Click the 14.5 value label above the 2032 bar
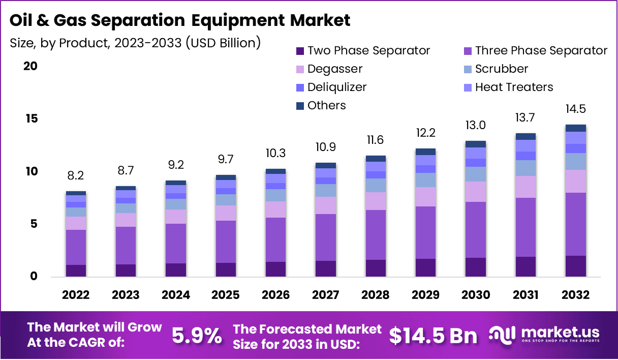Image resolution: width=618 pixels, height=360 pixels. coord(575,109)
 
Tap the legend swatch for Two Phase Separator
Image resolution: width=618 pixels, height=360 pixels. coord(300,51)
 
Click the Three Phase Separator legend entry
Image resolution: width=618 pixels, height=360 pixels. coord(541,51)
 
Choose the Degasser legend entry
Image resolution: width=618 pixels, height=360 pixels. coord(335,69)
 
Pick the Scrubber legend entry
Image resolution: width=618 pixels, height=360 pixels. coord(502,69)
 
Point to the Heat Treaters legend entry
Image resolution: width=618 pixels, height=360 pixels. coord(514,87)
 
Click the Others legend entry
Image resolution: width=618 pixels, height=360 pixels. coord(326,106)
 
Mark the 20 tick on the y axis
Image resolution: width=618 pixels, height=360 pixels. coord(31,67)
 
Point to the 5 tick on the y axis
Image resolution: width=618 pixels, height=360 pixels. coord(34,224)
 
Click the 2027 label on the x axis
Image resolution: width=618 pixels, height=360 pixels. coord(325,295)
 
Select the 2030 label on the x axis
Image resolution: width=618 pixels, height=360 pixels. coord(476,295)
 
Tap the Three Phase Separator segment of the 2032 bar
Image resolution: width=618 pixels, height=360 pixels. coord(576,224)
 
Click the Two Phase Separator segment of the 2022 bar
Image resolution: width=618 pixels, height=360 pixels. coord(76,271)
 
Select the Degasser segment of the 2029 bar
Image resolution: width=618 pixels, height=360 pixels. coord(425,197)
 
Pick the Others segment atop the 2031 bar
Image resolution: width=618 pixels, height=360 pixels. coord(526,136)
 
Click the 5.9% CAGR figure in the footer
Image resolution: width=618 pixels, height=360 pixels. coord(197,336)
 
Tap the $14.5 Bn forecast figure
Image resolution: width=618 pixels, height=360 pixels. coord(433,336)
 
